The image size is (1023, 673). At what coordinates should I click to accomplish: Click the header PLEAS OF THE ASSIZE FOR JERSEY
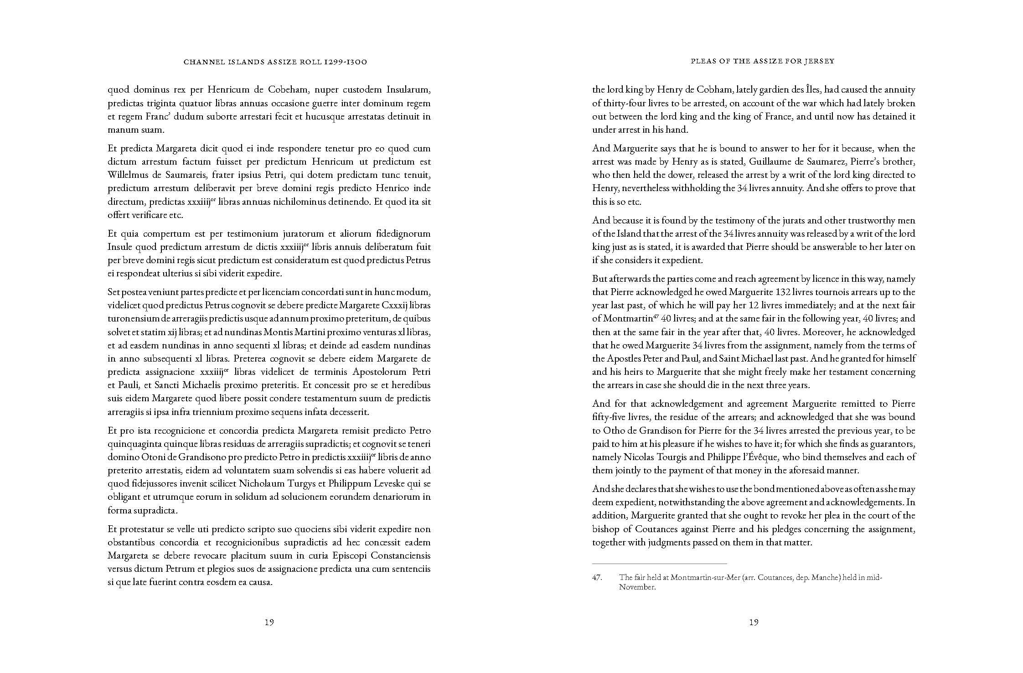754,61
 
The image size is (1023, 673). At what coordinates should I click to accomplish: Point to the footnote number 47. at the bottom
597,578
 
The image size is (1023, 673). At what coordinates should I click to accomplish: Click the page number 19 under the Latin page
269,622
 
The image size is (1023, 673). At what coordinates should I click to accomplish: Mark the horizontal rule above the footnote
659,564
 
